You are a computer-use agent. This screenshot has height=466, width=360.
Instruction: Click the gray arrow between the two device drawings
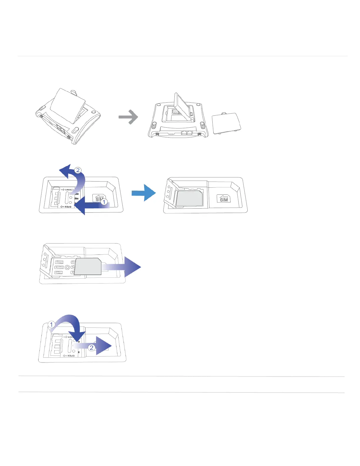click(128, 117)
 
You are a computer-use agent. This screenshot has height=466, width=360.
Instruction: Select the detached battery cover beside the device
click(226, 124)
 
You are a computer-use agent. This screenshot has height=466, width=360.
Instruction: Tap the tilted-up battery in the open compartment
click(182, 106)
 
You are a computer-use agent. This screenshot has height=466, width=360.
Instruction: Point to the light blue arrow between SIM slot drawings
click(144, 193)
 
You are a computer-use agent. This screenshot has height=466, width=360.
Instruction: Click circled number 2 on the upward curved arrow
click(78, 170)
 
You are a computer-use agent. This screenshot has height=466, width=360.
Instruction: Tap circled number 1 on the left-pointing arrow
click(104, 202)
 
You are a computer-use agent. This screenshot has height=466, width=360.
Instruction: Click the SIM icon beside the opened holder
click(224, 199)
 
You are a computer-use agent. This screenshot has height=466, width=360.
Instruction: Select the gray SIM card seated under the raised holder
click(189, 198)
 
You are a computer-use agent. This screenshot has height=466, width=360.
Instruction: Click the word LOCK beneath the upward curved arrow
click(68, 190)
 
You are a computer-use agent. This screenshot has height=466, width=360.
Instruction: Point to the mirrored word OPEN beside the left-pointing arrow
click(68, 207)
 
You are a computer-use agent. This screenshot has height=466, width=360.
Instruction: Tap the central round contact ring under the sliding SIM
click(67, 267)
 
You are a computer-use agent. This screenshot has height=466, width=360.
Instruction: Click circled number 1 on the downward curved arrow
click(52, 324)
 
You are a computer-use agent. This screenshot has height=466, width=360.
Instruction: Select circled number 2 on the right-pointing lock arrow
click(91, 348)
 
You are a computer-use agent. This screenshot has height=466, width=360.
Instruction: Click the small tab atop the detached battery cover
click(224, 113)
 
